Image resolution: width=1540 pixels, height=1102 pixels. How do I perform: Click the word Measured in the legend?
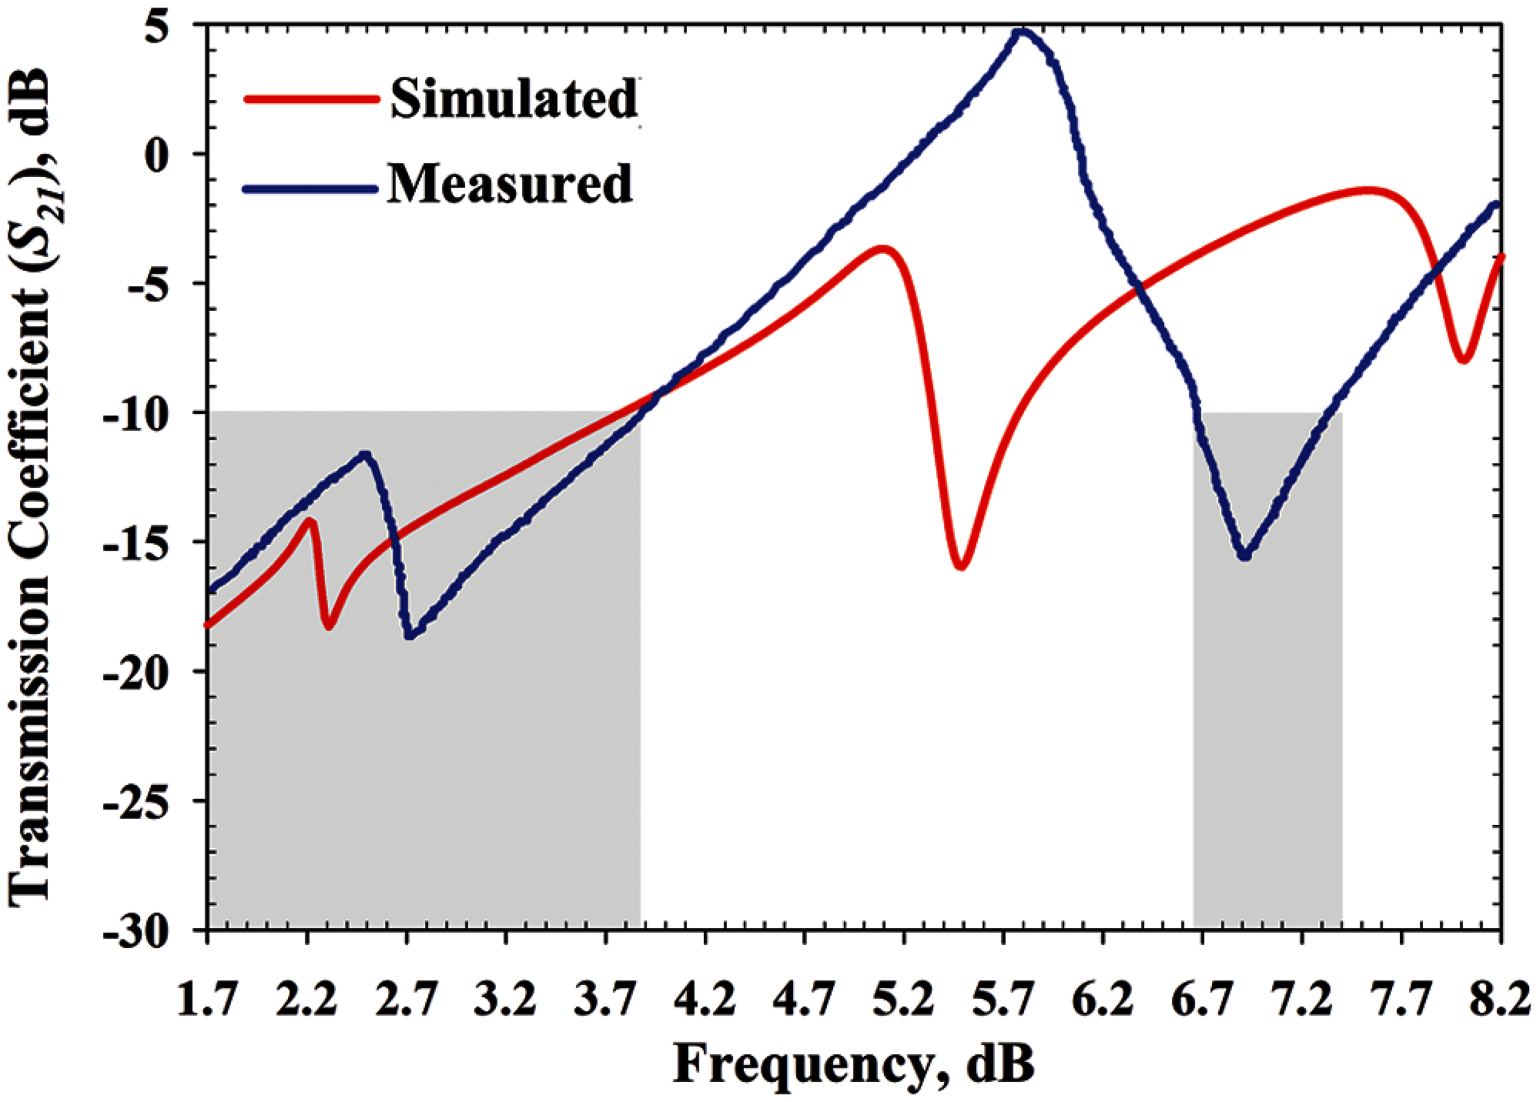(509, 182)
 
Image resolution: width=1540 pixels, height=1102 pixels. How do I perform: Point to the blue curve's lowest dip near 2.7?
(410, 636)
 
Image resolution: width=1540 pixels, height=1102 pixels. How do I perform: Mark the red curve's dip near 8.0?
(1464, 360)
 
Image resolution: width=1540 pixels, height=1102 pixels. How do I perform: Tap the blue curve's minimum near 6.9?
(1245, 556)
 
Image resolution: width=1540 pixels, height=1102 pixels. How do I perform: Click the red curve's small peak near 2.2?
(311, 520)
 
